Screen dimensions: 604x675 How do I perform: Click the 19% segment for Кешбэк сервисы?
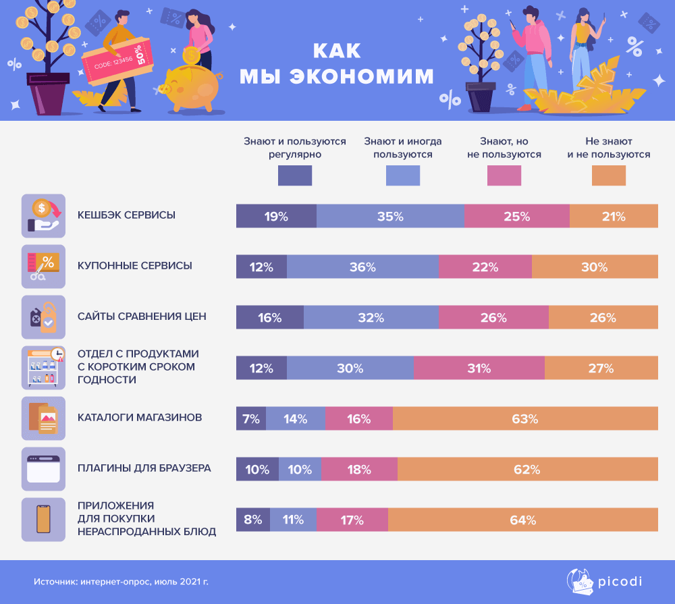click(275, 217)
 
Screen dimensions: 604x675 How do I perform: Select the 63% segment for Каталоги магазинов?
click(524, 418)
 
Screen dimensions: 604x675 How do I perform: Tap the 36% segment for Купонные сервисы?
click(362, 267)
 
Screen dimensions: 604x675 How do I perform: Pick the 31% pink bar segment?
click(479, 368)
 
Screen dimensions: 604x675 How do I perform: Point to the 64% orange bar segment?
click(522, 520)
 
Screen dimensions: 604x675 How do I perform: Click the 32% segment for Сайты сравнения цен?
click(371, 318)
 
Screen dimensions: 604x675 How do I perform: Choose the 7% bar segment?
click(250, 418)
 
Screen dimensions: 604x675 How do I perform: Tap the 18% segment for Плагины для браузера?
click(359, 470)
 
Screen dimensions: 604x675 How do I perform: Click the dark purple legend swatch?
click(295, 175)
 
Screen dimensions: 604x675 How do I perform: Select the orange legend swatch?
click(608, 175)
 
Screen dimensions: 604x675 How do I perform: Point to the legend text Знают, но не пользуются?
click(504, 148)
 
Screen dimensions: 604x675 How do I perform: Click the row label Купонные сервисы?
click(135, 266)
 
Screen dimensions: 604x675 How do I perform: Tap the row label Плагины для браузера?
click(144, 468)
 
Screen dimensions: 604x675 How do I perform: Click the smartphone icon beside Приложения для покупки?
click(43, 520)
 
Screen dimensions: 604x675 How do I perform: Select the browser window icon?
click(43, 469)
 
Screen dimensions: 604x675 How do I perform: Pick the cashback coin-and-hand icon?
click(43, 216)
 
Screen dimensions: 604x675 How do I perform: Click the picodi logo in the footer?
click(603, 581)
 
